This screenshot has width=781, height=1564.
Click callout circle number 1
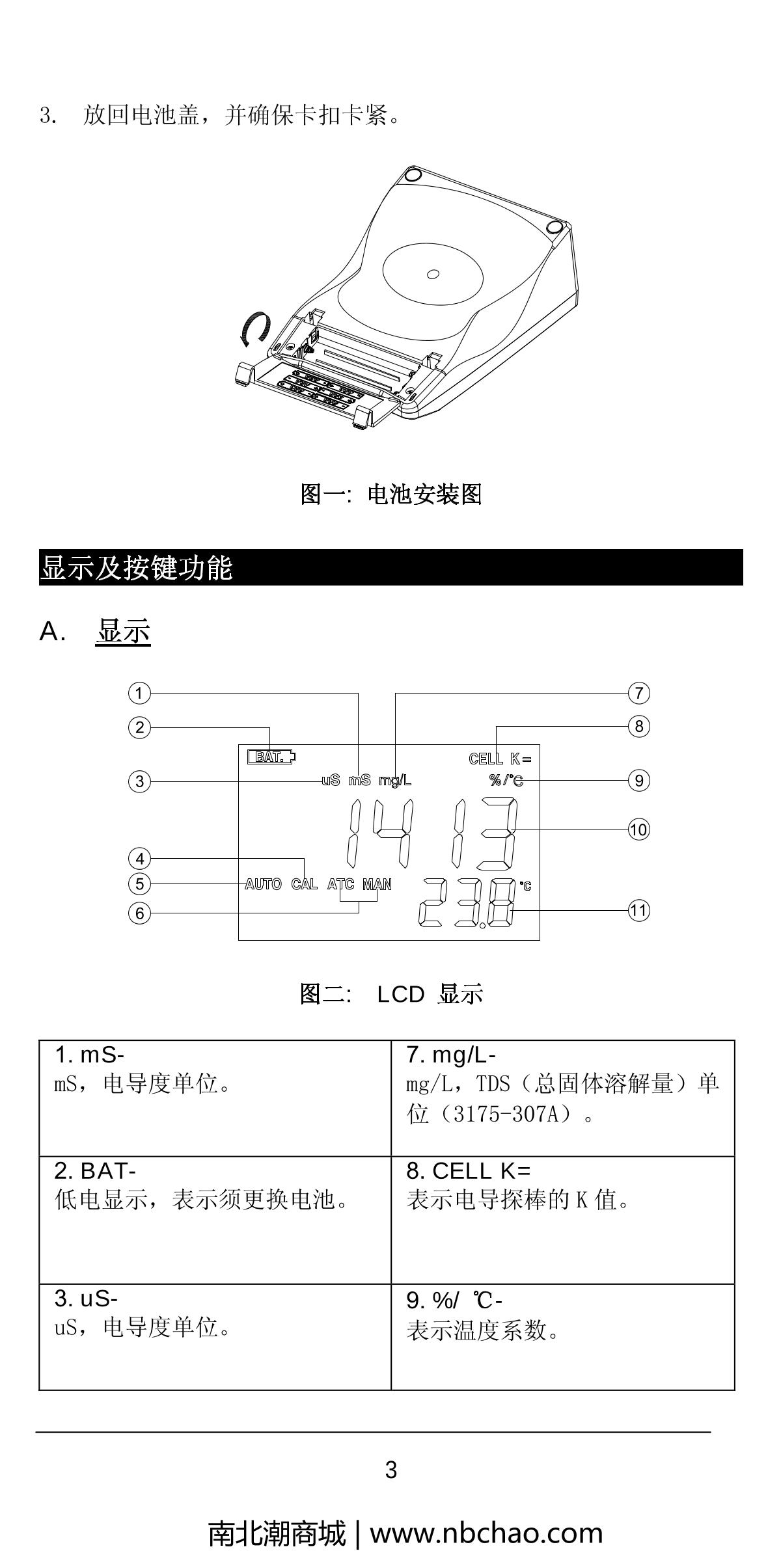point(139,693)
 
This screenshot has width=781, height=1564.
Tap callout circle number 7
point(639,693)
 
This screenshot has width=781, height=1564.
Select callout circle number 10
point(639,829)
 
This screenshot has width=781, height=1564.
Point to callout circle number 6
point(139,913)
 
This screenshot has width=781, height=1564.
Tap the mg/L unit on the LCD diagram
point(395,780)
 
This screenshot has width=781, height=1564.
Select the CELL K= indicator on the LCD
point(500,759)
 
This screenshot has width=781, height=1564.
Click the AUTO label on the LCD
point(263,884)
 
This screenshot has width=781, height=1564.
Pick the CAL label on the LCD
point(305,884)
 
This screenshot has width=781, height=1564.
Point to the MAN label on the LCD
point(377,884)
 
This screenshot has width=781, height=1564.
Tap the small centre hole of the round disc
point(433,274)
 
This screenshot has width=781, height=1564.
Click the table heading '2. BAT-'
point(95,1171)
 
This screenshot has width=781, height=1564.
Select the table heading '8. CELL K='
point(469,1171)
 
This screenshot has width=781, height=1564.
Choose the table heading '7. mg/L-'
point(451,1055)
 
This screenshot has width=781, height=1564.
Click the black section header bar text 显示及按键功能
point(137,567)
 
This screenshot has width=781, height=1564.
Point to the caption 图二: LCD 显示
point(391,994)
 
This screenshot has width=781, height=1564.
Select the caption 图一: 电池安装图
point(391,494)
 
